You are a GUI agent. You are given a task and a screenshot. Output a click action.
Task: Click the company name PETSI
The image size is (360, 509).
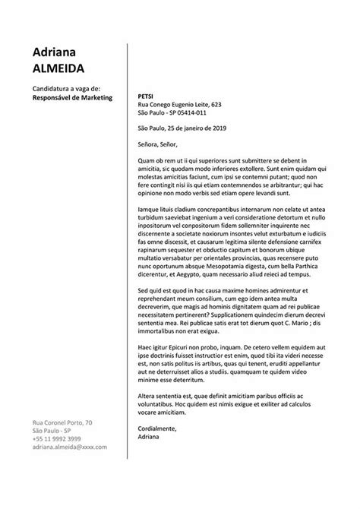(x=146, y=96)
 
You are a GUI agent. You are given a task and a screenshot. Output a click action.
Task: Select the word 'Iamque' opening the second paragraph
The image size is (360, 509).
(x=148, y=210)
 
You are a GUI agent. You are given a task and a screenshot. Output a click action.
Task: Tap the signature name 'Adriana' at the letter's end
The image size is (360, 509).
(x=150, y=438)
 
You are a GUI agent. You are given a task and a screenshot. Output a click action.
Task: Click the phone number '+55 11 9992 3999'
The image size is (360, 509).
(x=56, y=440)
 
